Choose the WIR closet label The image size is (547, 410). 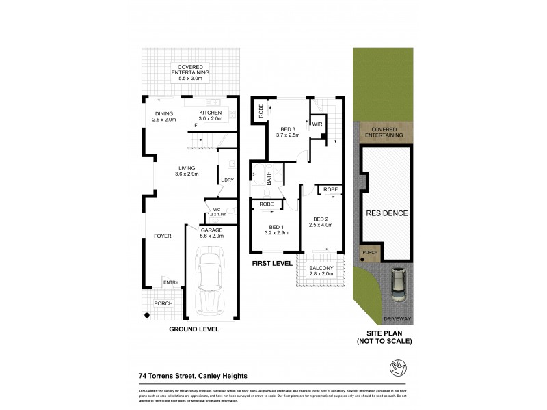(317, 124)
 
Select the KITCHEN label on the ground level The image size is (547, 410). (210, 113)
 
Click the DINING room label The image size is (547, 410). (163, 113)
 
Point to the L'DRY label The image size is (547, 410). (228, 180)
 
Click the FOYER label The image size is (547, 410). (162, 236)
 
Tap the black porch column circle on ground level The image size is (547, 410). (146, 315)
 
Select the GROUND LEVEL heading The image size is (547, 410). (194, 329)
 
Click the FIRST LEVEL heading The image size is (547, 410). (272, 263)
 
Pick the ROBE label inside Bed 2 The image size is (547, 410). (330, 189)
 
